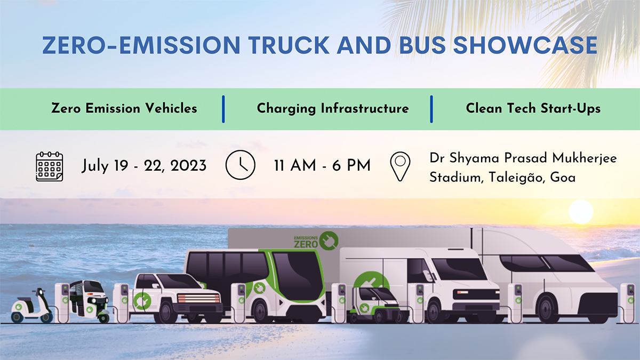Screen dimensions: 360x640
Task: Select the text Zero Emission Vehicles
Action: (x=124, y=108)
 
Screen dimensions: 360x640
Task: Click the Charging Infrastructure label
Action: (x=333, y=108)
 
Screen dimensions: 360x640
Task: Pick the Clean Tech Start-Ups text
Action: (x=533, y=108)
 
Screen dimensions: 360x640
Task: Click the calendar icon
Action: (x=50, y=166)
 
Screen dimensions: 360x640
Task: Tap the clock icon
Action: (x=241, y=165)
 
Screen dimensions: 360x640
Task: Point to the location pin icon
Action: (x=400, y=166)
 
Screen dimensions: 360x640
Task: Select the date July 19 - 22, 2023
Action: (x=144, y=166)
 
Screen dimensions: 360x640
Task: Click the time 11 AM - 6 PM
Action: (x=322, y=166)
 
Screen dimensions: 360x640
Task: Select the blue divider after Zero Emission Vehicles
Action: (x=223, y=109)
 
